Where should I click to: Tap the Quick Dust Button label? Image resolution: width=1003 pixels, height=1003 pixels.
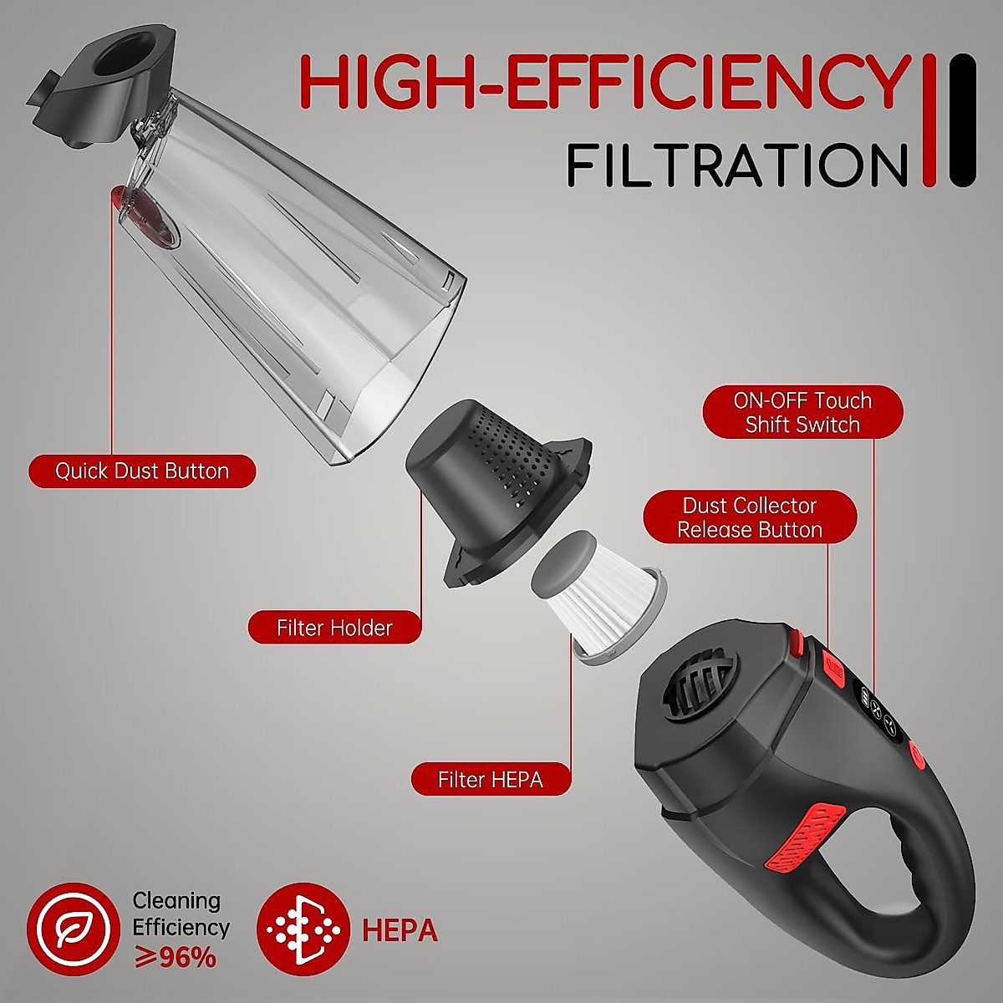pos(142,471)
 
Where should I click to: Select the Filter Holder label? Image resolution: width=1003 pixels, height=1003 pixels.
pos(334,627)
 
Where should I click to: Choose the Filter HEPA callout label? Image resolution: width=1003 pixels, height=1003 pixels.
pos(491,780)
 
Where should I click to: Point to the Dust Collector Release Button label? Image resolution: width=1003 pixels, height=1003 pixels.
pos(750,517)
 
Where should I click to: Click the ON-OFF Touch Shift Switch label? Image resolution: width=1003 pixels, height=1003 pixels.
pos(802,412)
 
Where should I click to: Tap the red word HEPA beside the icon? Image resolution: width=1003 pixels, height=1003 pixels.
pos(400,929)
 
